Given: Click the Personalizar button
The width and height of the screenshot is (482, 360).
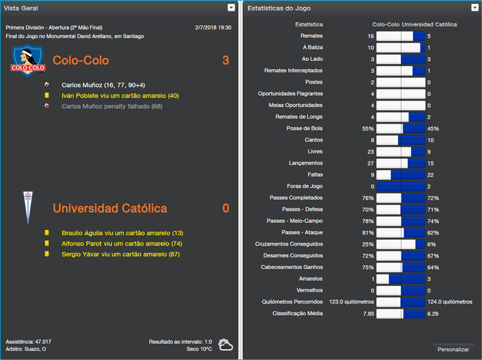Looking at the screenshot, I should (x=453, y=349).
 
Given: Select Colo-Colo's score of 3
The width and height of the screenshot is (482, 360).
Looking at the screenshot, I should (x=225, y=61).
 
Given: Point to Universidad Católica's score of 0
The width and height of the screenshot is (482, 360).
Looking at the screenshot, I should (x=225, y=208).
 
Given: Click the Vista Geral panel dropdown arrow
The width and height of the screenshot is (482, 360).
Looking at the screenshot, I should (x=231, y=8).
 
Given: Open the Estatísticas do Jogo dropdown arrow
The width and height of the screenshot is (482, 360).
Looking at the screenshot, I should (x=475, y=8).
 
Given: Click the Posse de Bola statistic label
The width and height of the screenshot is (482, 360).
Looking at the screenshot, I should (x=304, y=128).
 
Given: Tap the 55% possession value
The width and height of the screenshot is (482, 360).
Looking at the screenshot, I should (x=368, y=129).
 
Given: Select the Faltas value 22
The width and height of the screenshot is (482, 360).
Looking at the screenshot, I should (x=431, y=175).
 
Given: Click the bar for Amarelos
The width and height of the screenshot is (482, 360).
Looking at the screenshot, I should (x=401, y=279).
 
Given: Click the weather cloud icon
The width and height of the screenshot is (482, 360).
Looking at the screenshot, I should (x=225, y=345).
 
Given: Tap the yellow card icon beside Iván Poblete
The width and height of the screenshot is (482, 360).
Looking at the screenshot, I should (x=46, y=96).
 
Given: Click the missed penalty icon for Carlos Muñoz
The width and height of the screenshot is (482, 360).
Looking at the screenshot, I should (x=46, y=107).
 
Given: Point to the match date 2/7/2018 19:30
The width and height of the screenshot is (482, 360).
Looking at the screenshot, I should (x=213, y=28).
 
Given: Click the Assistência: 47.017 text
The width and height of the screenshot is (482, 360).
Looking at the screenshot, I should (x=28, y=341).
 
